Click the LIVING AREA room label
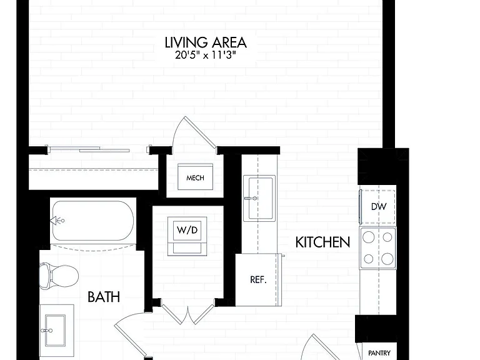coord(206,42)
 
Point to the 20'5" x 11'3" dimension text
coord(206,56)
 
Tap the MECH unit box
coord(195,177)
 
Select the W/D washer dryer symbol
coord(187,236)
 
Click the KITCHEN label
coord(322,242)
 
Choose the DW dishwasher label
coord(379,207)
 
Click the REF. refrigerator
coord(258,280)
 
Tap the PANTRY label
coord(379,353)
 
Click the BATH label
coord(104,297)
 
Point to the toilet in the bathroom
coord(59,276)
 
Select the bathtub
coord(93,221)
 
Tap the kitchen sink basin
coord(259,198)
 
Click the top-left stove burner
coord(369,237)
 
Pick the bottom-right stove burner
coord(387,259)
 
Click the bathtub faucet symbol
coord(57,221)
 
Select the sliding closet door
coord(88,149)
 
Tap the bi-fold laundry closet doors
coord(187,314)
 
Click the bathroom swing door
coord(130,337)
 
